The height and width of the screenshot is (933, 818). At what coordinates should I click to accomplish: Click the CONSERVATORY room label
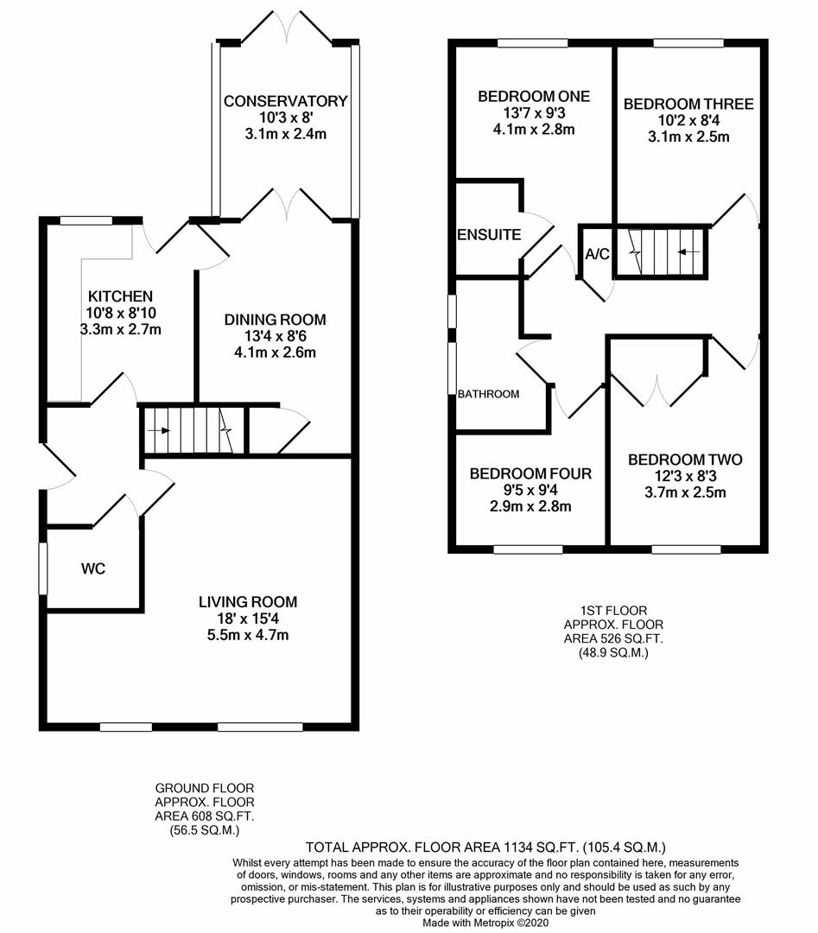pos(285,101)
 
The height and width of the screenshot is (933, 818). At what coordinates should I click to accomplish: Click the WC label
pos(93,569)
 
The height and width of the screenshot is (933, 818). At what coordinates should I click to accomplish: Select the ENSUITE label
pos(488,234)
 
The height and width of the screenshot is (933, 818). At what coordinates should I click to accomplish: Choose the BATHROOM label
pos(488,394)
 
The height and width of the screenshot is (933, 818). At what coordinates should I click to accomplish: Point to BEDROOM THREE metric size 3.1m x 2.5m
pos(688,136)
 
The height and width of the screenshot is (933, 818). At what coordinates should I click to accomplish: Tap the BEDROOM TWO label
pos(685,460)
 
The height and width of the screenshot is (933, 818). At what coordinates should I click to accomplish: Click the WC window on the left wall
pos(43,568)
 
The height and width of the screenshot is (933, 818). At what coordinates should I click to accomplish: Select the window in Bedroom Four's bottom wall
pos(528,549)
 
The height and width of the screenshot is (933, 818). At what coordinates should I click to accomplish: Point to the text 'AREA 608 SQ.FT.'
pos(204,816)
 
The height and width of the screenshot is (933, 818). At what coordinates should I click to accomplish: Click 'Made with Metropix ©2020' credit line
pos(485,923)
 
